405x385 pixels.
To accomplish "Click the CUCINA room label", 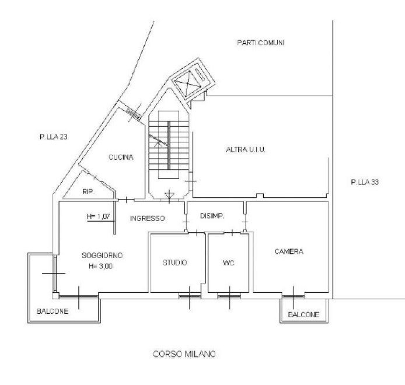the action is tap(121, 157).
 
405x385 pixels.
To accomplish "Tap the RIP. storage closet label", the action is tap(89, 192).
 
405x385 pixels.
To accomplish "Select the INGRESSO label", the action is tap(147, 218).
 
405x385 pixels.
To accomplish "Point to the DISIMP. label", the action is tap(212, 216).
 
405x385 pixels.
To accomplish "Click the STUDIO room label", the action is tap(175, 262).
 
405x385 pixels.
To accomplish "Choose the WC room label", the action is tap(228, 263).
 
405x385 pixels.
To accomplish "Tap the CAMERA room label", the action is tap(289, 251).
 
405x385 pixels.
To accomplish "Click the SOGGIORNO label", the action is tap(102, 256).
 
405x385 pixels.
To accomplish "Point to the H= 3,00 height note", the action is tap(100, 266).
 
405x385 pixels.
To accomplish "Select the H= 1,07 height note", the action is tap(99, 216).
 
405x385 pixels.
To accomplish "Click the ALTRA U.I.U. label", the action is tap(246, 150).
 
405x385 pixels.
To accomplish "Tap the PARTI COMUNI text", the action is tap(261, 43).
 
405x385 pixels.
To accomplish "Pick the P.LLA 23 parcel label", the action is tap(54, 137).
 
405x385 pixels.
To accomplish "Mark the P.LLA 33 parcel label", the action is tap(365, 183).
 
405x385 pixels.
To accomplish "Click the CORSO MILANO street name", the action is tap(184, 354).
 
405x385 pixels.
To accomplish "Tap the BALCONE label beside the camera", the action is tap(303, 314).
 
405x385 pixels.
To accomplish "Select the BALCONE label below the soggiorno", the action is tap(53, 311).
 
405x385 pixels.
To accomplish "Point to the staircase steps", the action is tap(169, 145).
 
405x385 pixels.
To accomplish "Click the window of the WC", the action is tap(229, 296).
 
